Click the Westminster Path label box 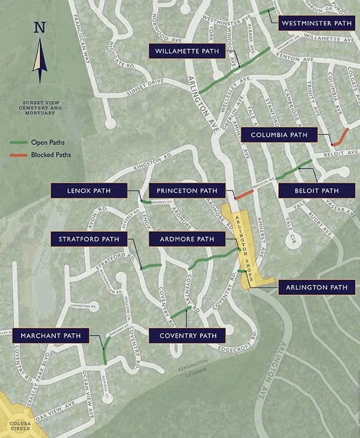(x=316, y=23)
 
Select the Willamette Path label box (x=187, y=51)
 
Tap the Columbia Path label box (x=279, y=135)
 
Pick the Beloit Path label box (x=317, y=191)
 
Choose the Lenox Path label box (x=89, y=191)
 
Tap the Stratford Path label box (x=89, y=239)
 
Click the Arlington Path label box (x=316, y=287)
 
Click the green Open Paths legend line (x=19, y=142)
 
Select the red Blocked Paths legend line (x=19, y=155)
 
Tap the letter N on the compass (x=39, y=28)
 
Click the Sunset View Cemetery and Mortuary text (x=40, y=107)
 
